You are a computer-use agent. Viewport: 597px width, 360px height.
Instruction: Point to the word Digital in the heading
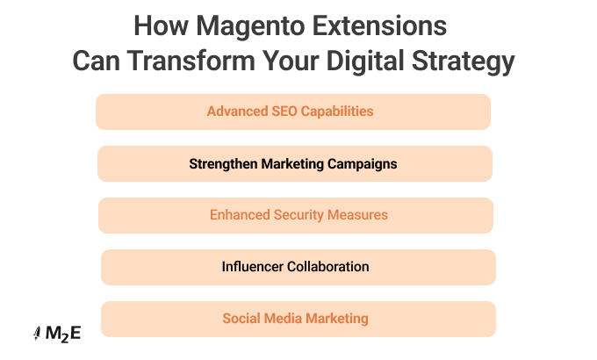373,61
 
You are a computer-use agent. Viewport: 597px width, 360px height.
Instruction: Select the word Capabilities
330,112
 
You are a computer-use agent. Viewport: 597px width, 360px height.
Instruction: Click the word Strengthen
221,163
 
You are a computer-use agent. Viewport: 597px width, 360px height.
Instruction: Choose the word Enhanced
237,215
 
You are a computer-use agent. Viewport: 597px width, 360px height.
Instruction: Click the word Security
298,215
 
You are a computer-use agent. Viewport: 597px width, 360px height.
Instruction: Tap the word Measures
357,215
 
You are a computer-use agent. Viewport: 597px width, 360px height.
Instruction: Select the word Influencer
253,267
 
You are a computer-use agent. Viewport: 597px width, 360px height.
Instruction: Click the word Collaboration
328,267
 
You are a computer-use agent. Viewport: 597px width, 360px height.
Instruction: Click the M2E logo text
63,334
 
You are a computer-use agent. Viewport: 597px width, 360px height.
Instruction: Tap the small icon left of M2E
37,334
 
